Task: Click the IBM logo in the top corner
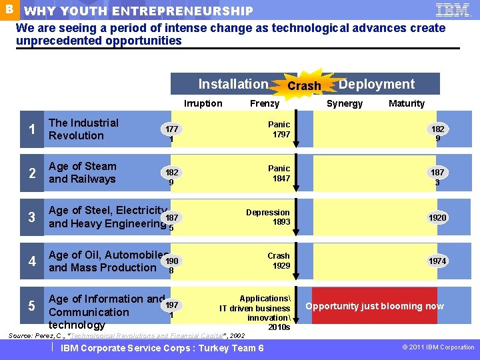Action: click(453, 9)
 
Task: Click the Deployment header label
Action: click(377, 84)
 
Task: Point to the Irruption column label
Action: click(203, 103)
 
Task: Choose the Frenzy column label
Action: click(265, 103)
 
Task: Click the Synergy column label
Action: click(345, 103)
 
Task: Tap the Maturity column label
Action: click(407, 103)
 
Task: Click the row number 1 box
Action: click(32, 130)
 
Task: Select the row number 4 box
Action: click(32, 261)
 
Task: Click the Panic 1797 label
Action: click(279, 129)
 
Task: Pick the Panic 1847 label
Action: click(279, 173)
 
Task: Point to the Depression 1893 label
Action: click(268, 217)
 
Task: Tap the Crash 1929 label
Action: click(279, 261)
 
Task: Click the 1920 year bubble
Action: click(437, 218)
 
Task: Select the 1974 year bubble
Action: click(437, 261)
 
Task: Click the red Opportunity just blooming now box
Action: click(375, 306)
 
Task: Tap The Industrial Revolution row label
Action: click(83, 129)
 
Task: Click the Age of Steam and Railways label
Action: click(82, 173)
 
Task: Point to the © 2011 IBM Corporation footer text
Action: click(439, 347)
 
